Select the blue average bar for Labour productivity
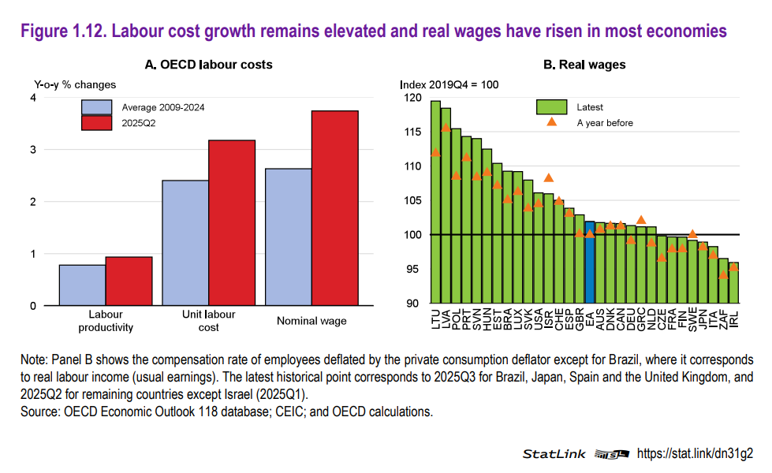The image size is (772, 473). [82, 285]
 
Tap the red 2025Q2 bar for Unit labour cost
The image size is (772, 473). [232, 223]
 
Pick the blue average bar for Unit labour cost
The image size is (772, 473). [185, 243]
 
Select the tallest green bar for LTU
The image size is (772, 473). [435, 202]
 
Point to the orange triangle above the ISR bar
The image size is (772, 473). [549, 178]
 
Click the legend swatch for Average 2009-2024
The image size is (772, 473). [97, 107]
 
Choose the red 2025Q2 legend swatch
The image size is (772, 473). [97, 122]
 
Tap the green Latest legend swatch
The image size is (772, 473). [552, 107]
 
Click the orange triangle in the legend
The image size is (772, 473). [552, 122]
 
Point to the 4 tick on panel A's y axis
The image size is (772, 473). [32, 98]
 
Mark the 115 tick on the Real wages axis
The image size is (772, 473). [411, 132]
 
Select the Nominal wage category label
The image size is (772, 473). [311, 321]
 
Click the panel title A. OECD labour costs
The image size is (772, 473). [209, 65]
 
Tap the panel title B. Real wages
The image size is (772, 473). [584, 65]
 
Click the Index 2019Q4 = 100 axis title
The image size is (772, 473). [449, 84]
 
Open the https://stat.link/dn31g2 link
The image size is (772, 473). [695, 453]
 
